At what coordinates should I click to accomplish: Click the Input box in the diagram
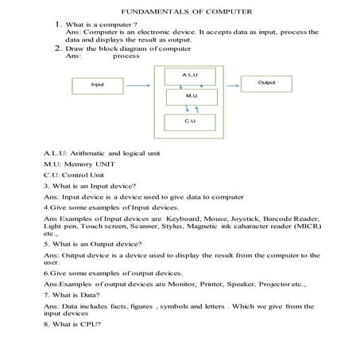tap(98, 83)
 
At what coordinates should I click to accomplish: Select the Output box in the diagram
tap(266, 83)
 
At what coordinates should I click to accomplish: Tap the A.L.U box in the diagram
tap(189, 75)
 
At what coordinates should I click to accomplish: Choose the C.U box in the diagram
tap(189, 122)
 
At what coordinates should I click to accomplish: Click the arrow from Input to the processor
tap(141, 83)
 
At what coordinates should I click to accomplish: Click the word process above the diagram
tap(126, 56)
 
